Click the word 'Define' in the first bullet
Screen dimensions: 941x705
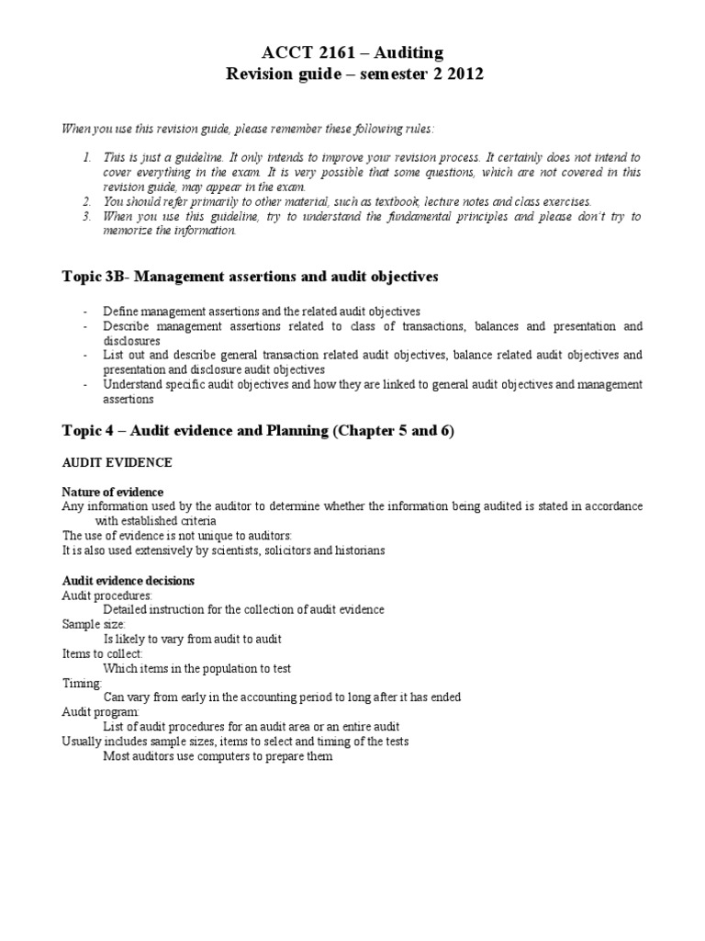121,312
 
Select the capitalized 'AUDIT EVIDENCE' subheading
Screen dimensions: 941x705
117,462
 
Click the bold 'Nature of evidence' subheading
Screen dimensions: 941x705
112,493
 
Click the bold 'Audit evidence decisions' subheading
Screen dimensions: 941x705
128,581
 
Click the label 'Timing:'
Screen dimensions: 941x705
81,683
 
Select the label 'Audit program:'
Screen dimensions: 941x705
101,712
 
